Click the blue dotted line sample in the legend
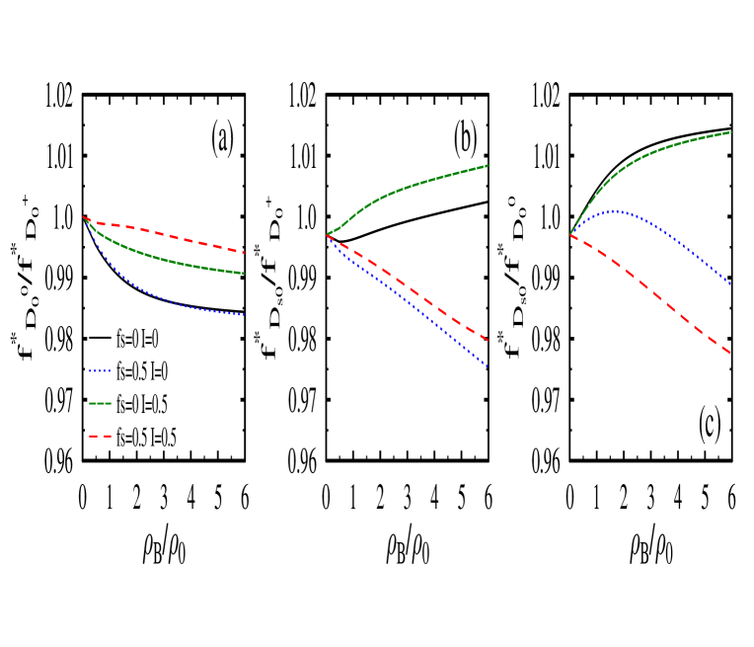point(100,371)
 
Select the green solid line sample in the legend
point(100,403)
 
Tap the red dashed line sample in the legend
point(100,436)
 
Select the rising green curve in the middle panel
point(415,184)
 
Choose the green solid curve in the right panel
point(651,152)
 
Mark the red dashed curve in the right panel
point(651,292)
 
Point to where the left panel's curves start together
point(85,218)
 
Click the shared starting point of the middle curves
point(328,235)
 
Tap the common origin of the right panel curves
point(571,235)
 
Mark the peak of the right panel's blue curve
point(616,210)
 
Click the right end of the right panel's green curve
point(730,131)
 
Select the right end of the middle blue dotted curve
point(488,367)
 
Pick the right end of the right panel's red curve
point(730,354)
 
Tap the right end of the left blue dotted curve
point(244,315)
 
